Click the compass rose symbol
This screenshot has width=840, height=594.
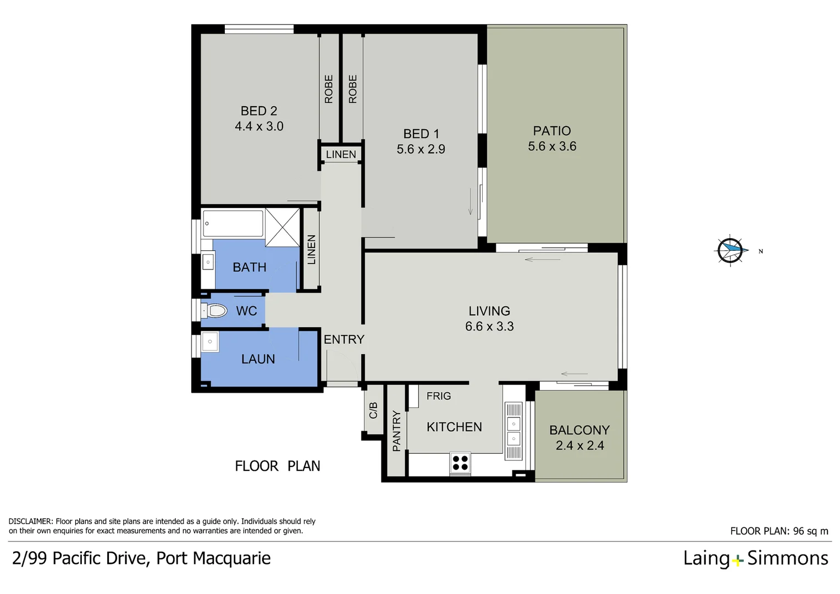[x=731, y=251]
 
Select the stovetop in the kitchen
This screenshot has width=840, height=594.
[x=460, y=463]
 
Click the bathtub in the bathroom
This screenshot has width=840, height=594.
[x=233, y=223]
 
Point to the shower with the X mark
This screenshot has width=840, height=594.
[x=283, y=227]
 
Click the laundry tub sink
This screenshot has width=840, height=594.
[x=210, y=342]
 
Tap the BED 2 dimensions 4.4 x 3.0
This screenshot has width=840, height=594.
[x=259, y=127]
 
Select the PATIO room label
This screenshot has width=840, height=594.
[x=552, y=131]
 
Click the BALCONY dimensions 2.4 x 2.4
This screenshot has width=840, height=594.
[x=579, y=446]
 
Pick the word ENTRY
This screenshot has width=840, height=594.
[x=344, y=339]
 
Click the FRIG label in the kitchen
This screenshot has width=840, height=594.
[x=438, y=396]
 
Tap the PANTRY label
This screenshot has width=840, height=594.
[x=396, y=431]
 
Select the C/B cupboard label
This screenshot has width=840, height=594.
[x=373, y=410]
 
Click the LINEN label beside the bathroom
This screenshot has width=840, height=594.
[x=311, y=250]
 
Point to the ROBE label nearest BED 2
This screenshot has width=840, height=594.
[x=329, y=89]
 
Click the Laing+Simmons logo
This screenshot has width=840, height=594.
[x=755, y=558]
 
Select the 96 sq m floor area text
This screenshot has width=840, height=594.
[x=810, y=531]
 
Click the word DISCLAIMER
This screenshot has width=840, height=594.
[x=31, y=521]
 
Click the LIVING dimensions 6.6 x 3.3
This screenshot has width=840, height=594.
[x=489, y=327]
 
